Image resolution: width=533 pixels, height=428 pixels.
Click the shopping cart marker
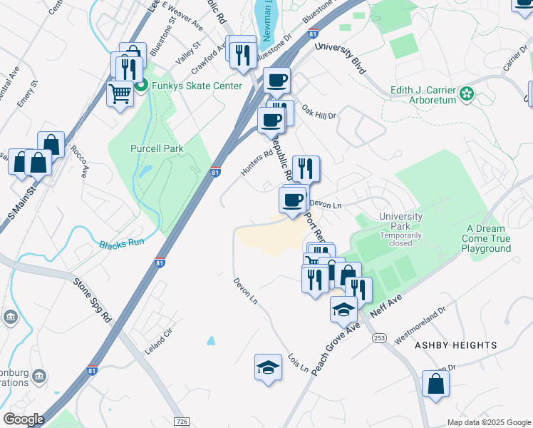(x=120, y=93)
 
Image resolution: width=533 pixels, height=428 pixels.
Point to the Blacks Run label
(x=122, y=243)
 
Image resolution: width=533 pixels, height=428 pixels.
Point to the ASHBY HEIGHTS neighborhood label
(x=455, y=345)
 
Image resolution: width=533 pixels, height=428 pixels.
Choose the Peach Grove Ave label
(x=335, y=355)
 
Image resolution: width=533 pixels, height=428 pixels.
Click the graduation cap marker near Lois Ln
(x=266, y=368)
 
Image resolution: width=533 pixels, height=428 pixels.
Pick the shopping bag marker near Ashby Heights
(x=435, y=384)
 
